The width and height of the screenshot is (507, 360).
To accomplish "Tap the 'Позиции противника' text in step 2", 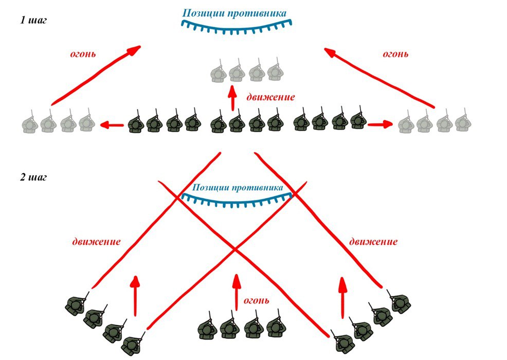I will pos(237,188).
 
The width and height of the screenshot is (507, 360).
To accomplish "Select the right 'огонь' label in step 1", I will pos(396,53).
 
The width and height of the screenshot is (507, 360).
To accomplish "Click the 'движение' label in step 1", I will pos(270,96).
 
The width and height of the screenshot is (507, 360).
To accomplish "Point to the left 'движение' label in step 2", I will pos(96,241).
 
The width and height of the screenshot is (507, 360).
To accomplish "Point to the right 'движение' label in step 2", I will pos(373,241).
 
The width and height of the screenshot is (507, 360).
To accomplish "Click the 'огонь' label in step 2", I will pos(256,300).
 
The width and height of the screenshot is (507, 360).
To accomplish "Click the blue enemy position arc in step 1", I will pos(237,27).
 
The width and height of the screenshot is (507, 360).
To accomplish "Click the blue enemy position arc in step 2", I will pos(237,202).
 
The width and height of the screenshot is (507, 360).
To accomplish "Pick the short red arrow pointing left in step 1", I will pos(112,124).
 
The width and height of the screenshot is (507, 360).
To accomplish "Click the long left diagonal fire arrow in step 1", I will pos(95,75).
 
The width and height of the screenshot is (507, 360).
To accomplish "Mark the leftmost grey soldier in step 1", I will pos(29,122).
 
